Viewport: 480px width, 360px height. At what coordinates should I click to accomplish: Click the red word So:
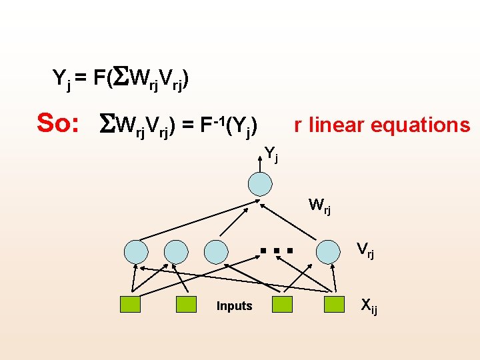59,123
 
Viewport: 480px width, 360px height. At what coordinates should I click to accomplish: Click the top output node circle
259,184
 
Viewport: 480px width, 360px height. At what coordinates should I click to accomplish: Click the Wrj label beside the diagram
319,205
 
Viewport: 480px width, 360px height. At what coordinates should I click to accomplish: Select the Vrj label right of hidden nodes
365,250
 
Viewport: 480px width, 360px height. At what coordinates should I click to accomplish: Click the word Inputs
235,306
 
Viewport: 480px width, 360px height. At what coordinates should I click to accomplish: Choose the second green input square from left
186,305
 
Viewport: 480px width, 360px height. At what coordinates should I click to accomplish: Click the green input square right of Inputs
283,305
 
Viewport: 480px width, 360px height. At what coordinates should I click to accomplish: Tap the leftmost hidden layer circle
137,251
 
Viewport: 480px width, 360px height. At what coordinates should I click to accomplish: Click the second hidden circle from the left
176,251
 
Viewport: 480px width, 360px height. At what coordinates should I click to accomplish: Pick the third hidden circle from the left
216,251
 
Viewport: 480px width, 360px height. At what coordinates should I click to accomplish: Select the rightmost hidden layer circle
328,251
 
